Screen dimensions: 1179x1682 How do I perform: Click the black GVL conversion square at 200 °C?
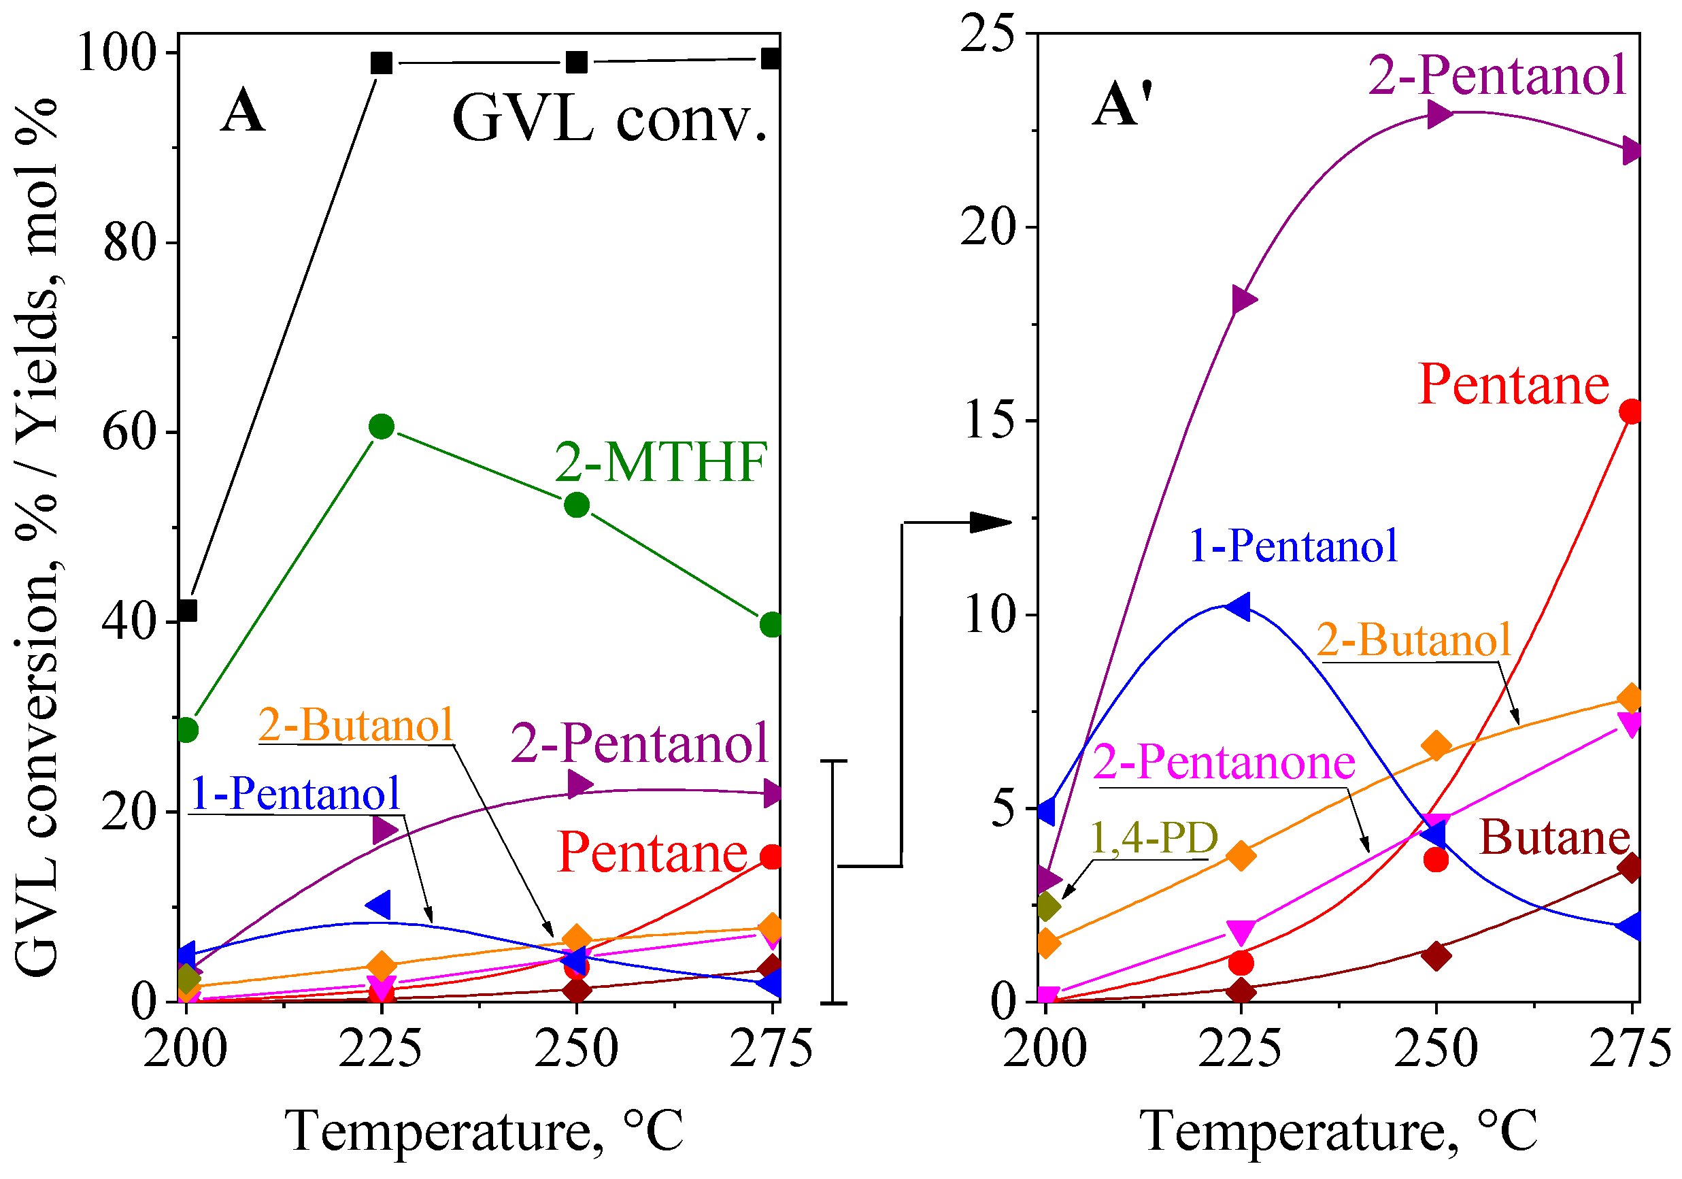[188, 610]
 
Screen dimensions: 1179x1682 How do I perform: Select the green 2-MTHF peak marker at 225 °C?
[382, 427]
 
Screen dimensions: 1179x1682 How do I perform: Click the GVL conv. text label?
[609, 120]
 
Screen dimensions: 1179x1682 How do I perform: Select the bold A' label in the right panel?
[1122, 105]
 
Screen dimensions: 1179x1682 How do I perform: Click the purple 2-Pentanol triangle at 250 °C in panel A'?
[1438, 114]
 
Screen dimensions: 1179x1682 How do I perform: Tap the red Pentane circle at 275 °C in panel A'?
[1631, 412]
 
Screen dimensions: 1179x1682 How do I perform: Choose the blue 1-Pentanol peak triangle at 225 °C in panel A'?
[1239, 607]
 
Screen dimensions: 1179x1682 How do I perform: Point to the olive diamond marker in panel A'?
[1047, 906]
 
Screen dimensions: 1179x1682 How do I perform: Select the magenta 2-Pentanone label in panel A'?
[1224, 762]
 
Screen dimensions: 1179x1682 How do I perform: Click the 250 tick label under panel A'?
[1436, 1049]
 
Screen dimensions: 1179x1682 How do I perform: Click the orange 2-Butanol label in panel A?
[355, 725]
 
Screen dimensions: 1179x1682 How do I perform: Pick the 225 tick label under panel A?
[381, 1049]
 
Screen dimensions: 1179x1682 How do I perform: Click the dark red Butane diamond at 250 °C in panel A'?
[1436, 955]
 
